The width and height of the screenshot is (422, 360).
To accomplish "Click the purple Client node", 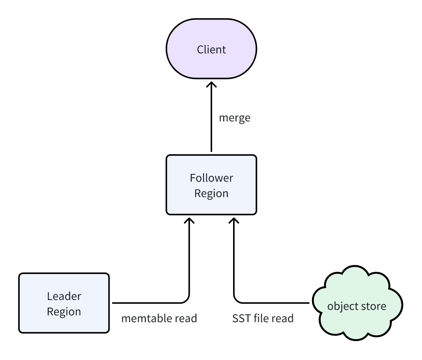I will (211, 49).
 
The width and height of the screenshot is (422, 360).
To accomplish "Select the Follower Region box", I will (211, 185).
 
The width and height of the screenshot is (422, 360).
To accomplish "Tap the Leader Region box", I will (64, 303).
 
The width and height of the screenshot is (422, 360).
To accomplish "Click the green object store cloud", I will (357, 305).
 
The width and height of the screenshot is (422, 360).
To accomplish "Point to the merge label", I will (235, 118).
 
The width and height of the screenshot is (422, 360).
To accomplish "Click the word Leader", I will (64, 296).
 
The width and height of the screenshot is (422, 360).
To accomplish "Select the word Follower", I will (211, 178).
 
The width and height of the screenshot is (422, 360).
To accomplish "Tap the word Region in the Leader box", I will (64, 311).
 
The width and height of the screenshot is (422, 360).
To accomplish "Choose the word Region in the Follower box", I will (211, 193).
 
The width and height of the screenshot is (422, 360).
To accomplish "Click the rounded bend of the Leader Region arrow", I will (187, 300).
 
